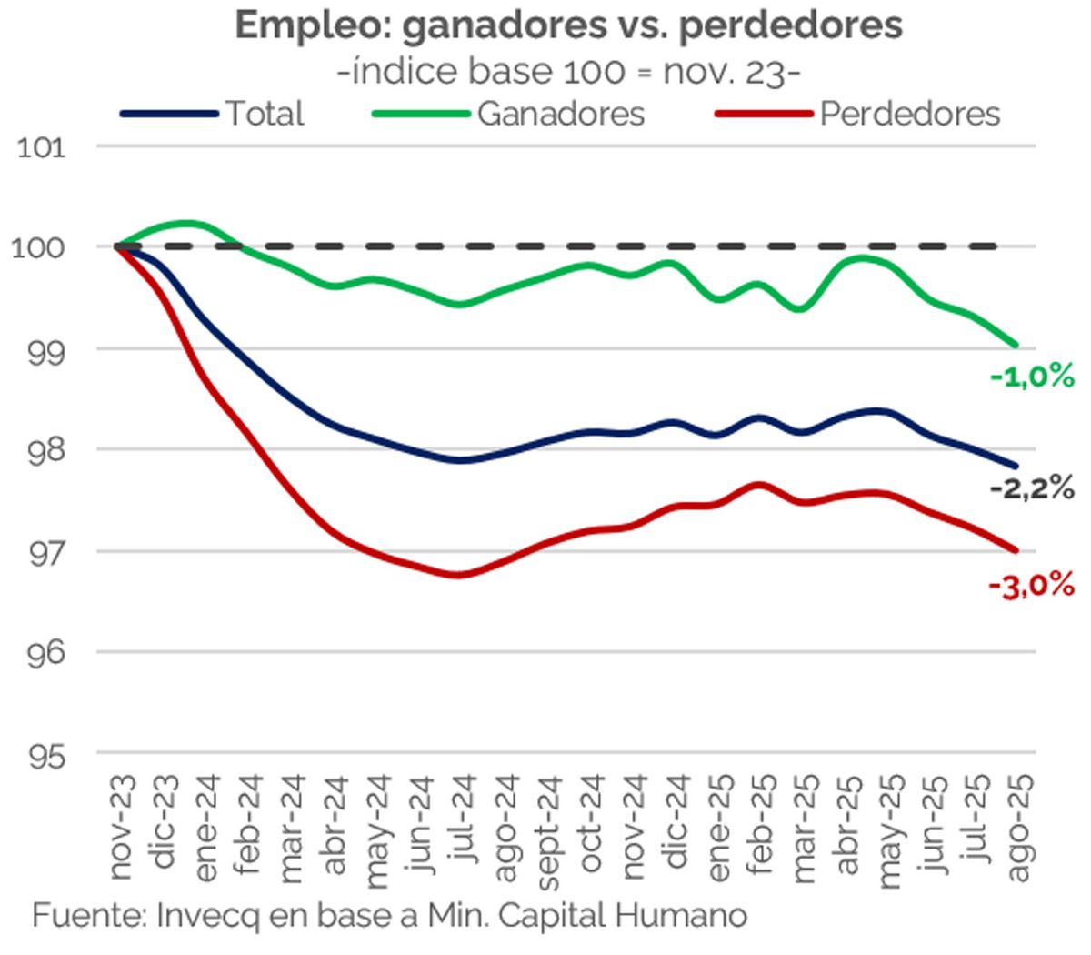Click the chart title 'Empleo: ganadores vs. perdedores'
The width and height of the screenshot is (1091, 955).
[x=568, y=25]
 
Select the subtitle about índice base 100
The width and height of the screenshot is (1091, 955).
[x=568, y=71]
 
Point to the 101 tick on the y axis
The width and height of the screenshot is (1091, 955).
[x=42, y=146]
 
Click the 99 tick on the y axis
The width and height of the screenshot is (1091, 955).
[x=44, y=349]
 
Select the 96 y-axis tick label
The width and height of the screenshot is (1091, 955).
[x=44, y=653]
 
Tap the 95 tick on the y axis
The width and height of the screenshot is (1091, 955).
[x=44, y=754]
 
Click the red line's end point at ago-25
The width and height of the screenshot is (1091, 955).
[x=1016, y=549]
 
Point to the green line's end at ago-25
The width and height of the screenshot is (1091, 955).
[x=1016, y=345]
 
